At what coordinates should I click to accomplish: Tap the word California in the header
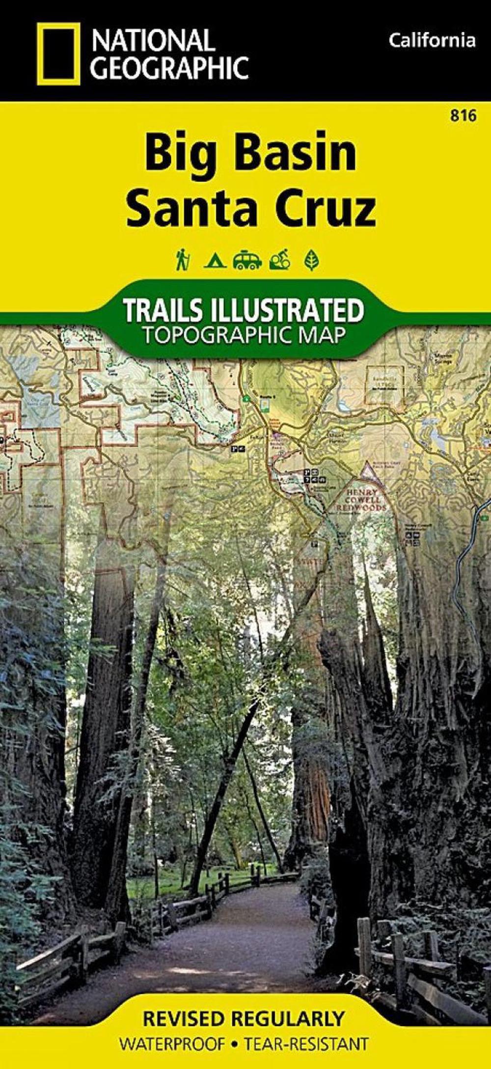tap(432, 40)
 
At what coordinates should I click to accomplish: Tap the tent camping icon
tap(215, 261)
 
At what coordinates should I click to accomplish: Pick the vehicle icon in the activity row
tap(247, 260)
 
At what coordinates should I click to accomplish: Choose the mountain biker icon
tap(280, 260)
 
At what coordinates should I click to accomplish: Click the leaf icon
tap(311, 260)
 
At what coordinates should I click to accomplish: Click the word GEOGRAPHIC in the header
tap(170, 67)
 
